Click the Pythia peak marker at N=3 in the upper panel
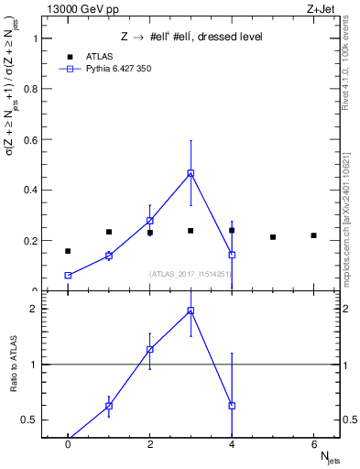pyautogui.click(x=191, y=173)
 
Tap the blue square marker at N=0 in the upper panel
pyautogui.click(x=68, y=276)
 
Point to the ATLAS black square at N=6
pyautogui.click(x=313, y=235)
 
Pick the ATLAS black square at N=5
pyautogui.click(x=273, y=237)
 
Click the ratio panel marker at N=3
pyautogui.click(x=191, y=311)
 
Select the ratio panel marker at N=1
pyautogui.click(x=109, y=406)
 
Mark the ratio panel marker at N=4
pyautogui.click(x=232, y=405)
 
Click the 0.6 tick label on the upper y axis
pyautogui.click(x=31, y=140)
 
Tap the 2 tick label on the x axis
pyautogui.click(x=149, y=444)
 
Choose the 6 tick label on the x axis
pyautogui.click(x=313, y=444)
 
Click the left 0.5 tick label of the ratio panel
pyautogui.click(x=31, y=420)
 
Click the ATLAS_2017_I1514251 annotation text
pyautogui.click(x=190, y=273)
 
